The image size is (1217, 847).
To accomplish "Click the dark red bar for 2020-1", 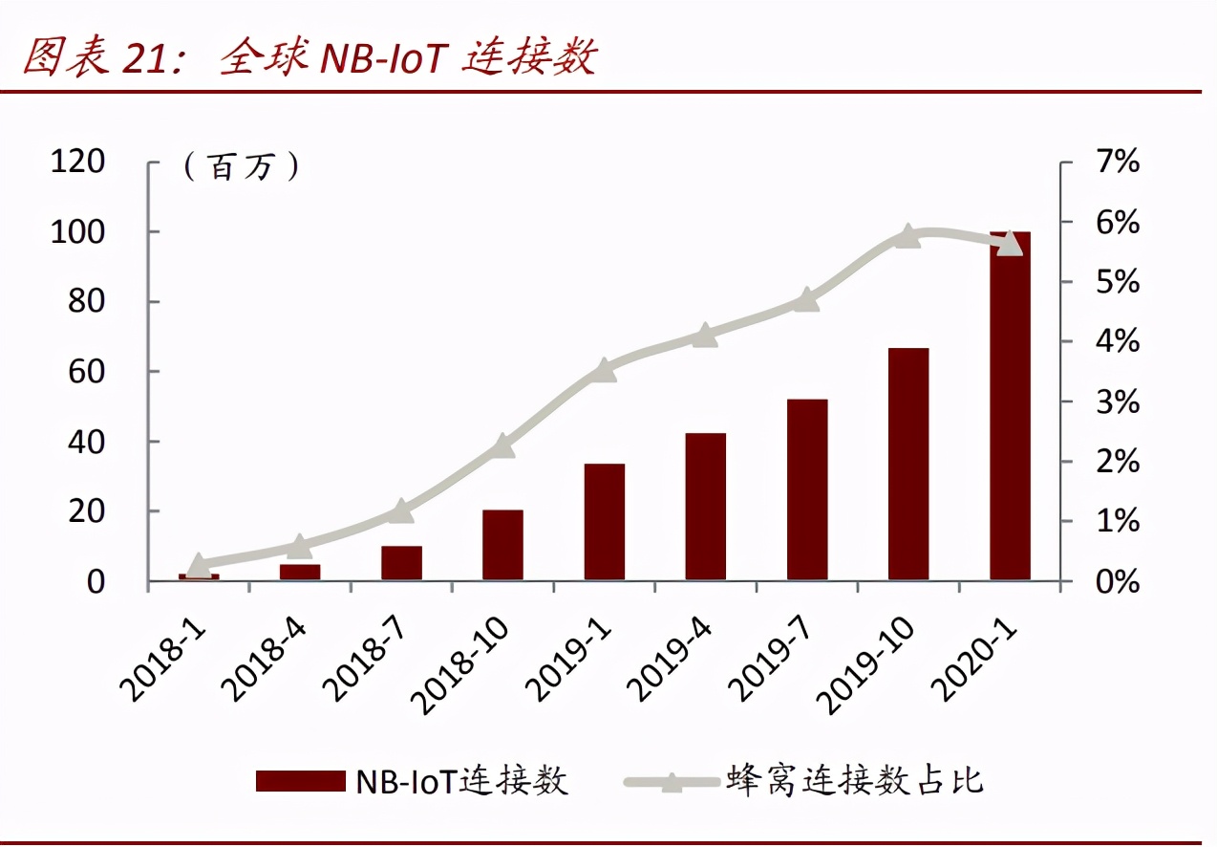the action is [x=1010, y=405].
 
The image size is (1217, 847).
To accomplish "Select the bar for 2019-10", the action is [x=908, y=464].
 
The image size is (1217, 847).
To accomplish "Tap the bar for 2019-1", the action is [x=604, y=522].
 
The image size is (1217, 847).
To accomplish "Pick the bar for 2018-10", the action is [x=502, y=545].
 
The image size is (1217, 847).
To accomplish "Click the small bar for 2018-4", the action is [x=300, y=572].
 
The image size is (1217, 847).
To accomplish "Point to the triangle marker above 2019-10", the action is [x=907, y=235].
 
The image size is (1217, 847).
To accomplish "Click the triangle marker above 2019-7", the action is [x=806, y=299].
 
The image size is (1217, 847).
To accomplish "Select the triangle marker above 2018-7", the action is [x=401, y=510].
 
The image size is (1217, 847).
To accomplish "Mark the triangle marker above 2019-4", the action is [x=705, y=335].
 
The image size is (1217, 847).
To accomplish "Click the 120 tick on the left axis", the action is [x=77, y=162].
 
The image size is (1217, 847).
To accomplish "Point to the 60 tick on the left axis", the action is [x=86, y=373].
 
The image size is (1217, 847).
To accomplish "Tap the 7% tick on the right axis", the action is [x=1118, y=162].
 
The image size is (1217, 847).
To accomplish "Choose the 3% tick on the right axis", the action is [x=1118, y=402].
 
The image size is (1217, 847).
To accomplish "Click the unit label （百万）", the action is [x=242, y=166].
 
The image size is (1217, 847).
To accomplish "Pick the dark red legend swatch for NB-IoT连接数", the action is [x=301, y=781].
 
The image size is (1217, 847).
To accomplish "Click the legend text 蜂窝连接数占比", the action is [x=855, y=781].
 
